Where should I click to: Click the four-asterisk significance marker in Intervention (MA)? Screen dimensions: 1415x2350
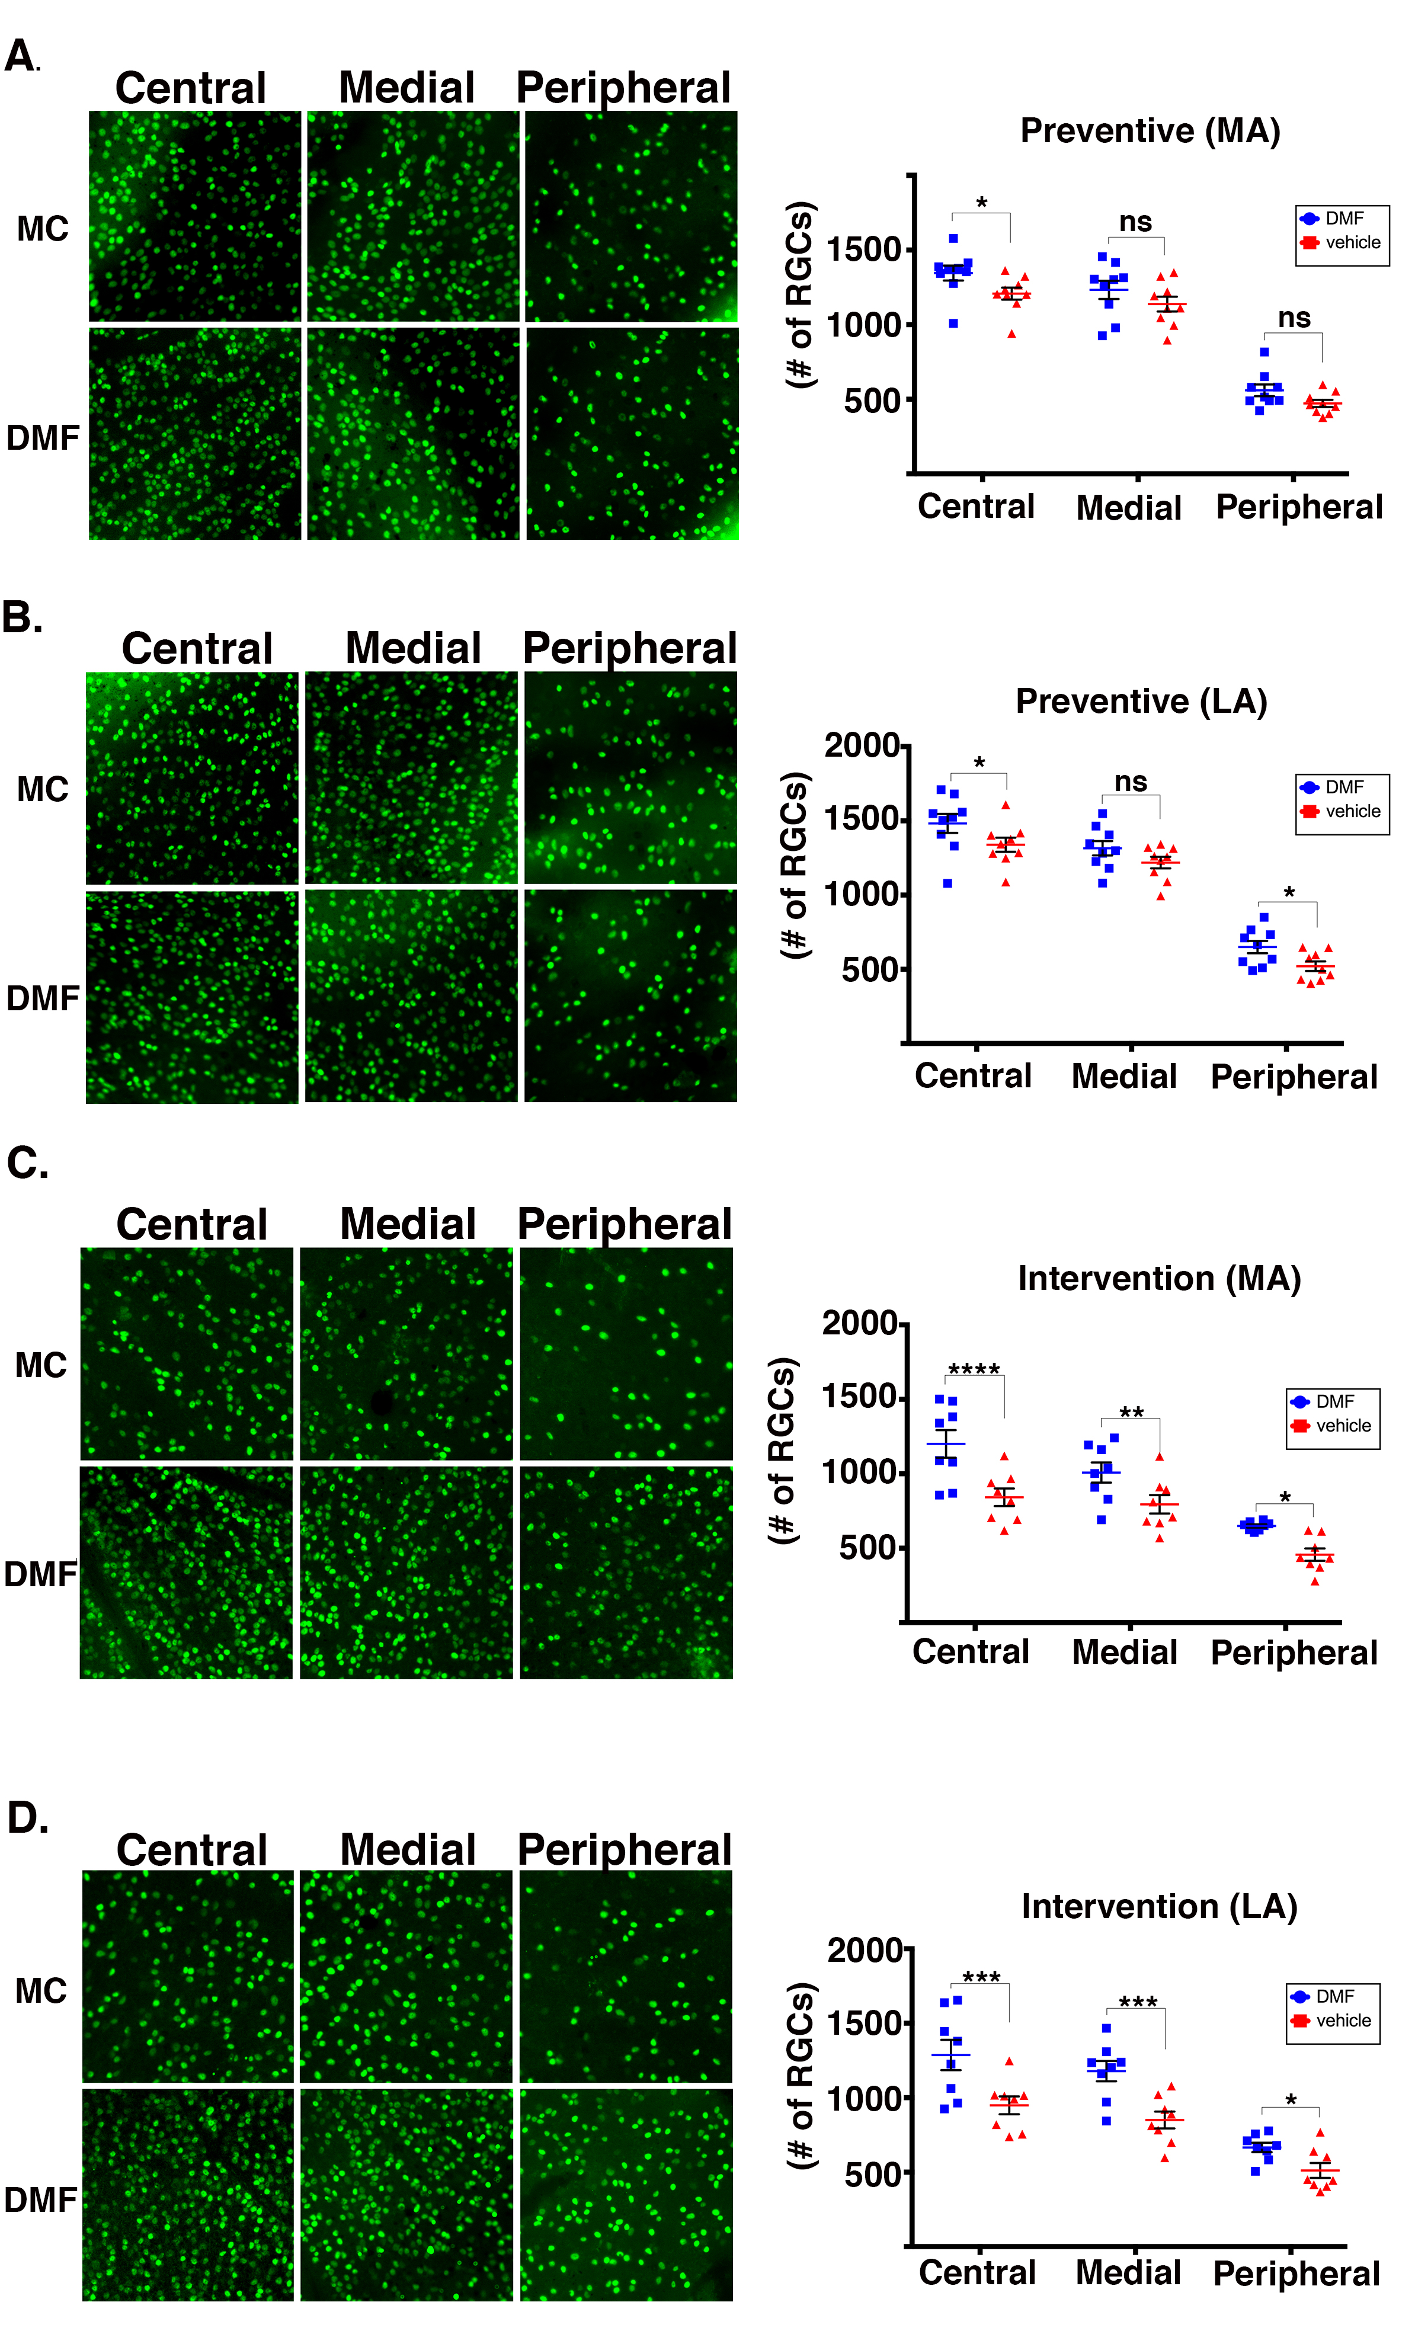[974, 1370]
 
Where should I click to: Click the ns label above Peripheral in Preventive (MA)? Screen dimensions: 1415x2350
[1294, 318]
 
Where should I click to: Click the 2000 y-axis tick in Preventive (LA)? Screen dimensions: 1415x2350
[862, 745]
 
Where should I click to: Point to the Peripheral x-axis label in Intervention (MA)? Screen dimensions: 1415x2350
[1294, 1653]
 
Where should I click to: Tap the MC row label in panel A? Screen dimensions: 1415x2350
[43, 229]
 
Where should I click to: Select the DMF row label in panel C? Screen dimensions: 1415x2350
[40, 1574]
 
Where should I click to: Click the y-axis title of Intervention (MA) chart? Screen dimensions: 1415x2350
[782, 1450]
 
